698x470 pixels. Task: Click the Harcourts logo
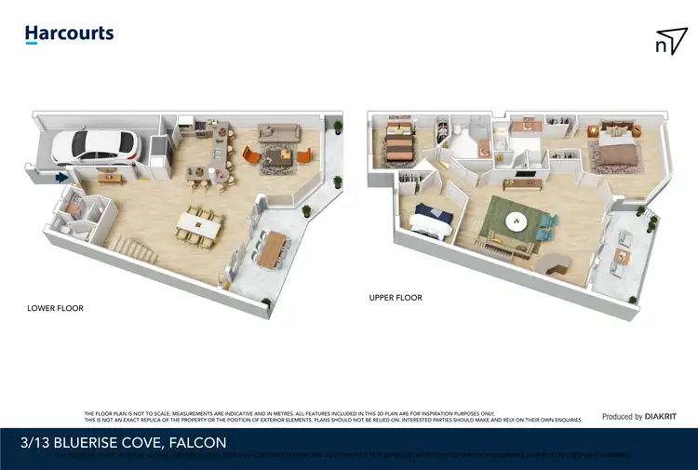[x=69, y=34]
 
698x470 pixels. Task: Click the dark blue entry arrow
[x=61, y=177]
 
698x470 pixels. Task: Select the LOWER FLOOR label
[x=56, y=308]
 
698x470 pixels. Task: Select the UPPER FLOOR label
[x=396, y=298]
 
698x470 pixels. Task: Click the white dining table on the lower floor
[x=201, y=223]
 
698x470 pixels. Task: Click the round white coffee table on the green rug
[x=517, y=222]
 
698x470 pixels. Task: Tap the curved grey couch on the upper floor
[x=558, y=264]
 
